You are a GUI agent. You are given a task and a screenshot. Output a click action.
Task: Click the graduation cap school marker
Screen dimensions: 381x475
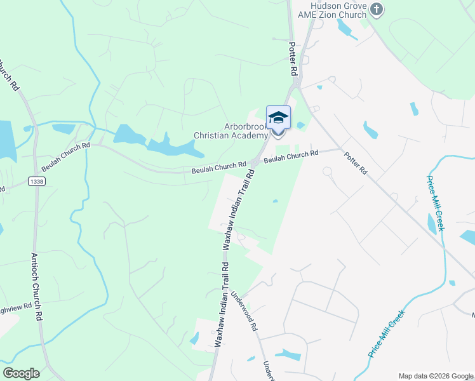[x=278, y=119]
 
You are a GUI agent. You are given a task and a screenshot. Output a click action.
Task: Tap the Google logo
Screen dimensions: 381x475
[x=21, y=373]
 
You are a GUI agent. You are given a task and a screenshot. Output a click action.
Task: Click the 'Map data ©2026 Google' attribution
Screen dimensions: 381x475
[x=436, y=376]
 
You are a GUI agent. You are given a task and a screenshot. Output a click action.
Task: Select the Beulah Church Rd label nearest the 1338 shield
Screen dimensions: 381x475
[x=66, y=157]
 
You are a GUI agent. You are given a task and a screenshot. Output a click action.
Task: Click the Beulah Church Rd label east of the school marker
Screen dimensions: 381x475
[x=291, y=156]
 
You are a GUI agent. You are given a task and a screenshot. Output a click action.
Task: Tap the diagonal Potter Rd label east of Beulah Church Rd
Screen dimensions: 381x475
[x=356, y=163]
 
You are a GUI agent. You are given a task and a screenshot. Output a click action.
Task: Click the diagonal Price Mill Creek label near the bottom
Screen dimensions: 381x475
[x=386, y=334]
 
